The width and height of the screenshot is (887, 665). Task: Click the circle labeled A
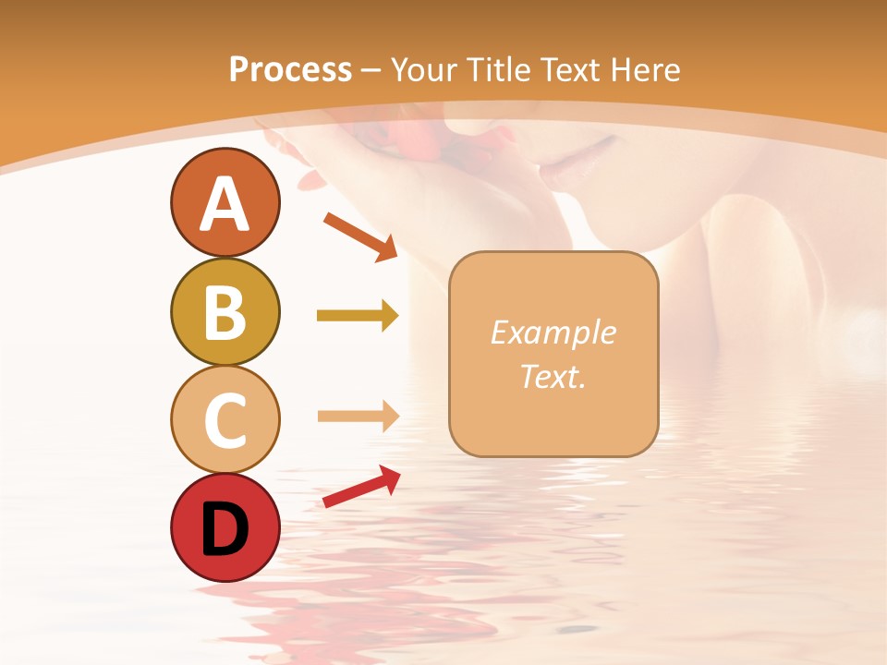click(225, 203)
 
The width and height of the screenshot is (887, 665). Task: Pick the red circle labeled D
click(225, 527)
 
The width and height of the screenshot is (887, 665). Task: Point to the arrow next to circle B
click(357, 316)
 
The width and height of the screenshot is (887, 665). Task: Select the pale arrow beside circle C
click(357, 416)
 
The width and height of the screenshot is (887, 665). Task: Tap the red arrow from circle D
click(360, 487)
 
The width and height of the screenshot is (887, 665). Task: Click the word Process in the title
click(290, 69)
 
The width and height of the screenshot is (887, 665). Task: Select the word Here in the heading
click(643, 69)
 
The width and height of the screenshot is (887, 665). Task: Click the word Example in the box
click(553, 333)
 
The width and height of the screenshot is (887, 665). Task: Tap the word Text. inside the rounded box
click(553, 376)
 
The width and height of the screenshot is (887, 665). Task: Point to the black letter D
click(225, 529)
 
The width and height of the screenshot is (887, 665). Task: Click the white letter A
click(225, 205)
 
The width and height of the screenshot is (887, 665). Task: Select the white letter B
click(225, 312)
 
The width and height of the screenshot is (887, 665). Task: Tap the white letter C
click(225, 420)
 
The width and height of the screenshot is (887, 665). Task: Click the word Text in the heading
click(569, 69)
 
